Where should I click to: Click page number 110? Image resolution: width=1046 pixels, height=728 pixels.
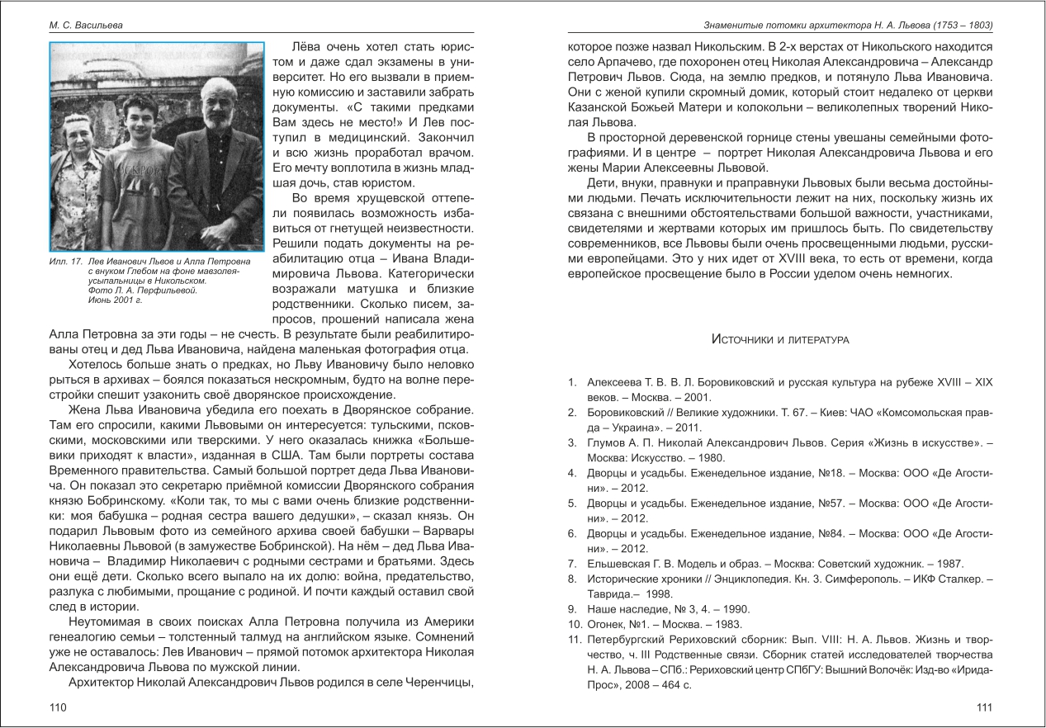pos(57,707)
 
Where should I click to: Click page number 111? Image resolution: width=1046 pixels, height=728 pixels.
pos(984,707)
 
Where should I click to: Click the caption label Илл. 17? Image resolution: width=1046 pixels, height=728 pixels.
pos(65,262)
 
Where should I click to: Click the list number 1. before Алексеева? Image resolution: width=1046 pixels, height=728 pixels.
pos(571,383)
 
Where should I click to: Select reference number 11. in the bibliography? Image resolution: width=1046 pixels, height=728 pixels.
pos(574,640)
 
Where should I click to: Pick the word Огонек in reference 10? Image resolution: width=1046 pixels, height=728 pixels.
pos(608,624)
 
